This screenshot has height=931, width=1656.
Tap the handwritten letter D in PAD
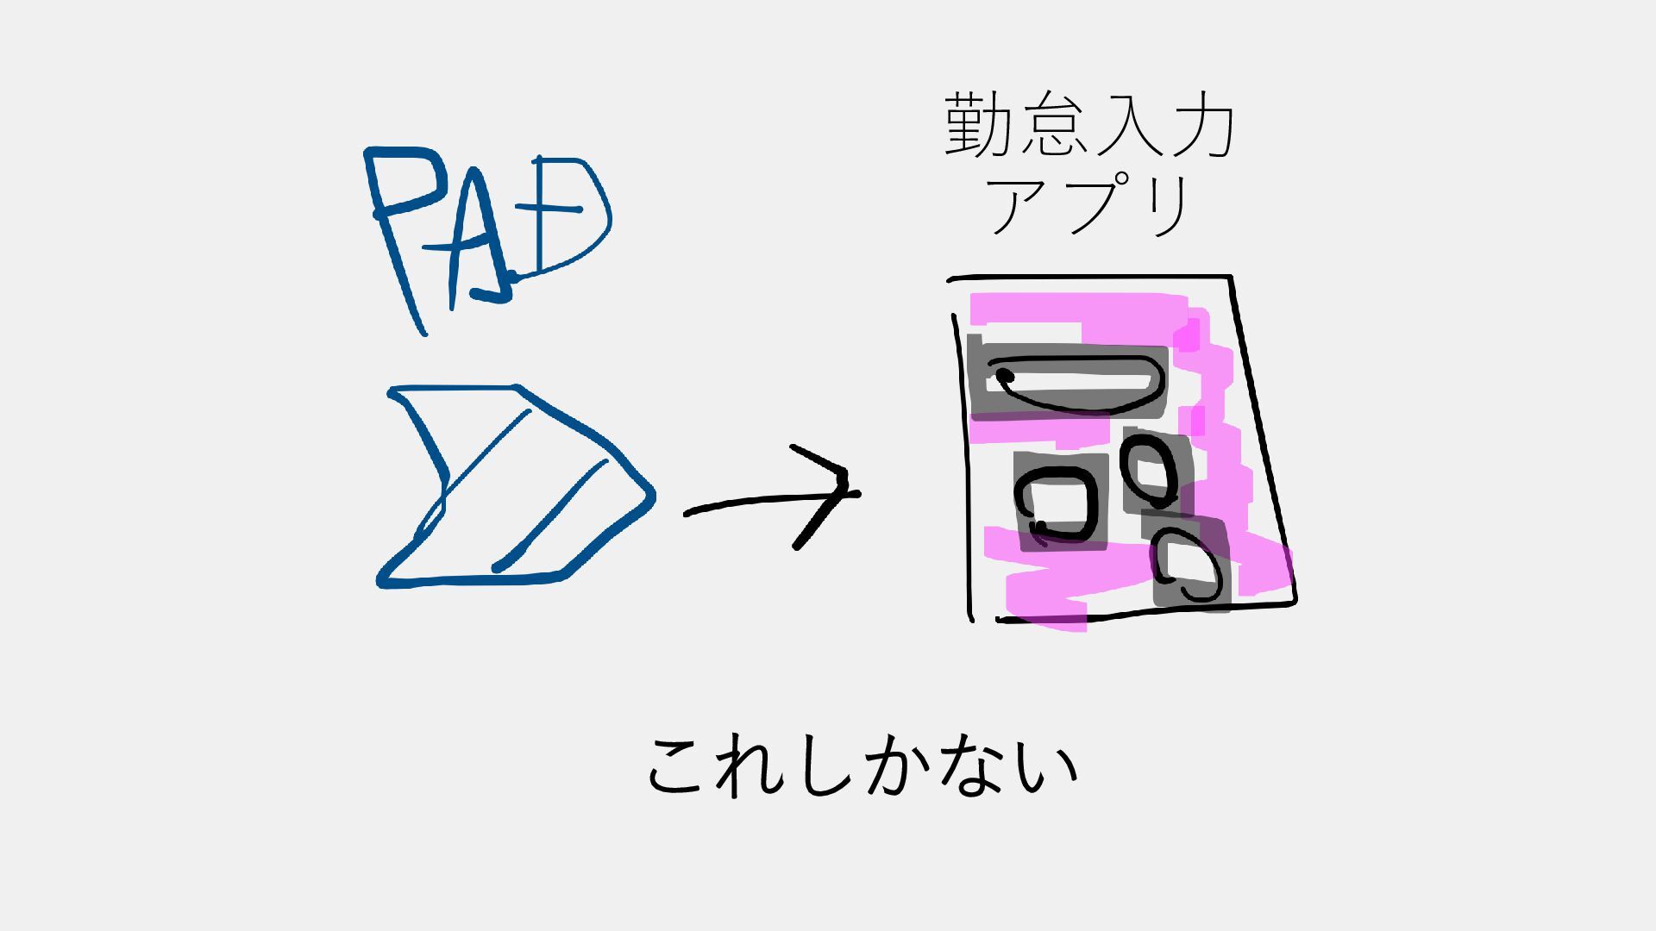coord(565,216)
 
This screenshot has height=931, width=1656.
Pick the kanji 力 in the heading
coord(1199,127)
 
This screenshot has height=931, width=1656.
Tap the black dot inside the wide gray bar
coord(1006,375)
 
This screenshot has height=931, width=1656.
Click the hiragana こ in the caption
coord(681,767)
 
